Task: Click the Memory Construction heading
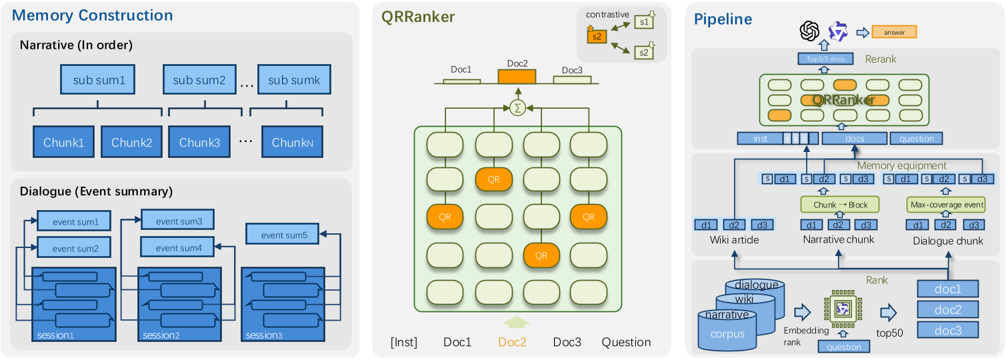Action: pyautogui.click(x=92, y=15)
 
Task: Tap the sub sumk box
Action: pyautogui.click(x=293, y=80)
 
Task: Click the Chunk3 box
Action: pyautogui.click(x=199, y=142)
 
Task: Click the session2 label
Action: pyautogui.click(x=161, y=335)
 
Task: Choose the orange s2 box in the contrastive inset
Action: pyautogui.click(x=597, y=37)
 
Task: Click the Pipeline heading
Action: pyautogui.click(x=723, y=19)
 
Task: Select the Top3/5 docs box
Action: pyautogui.click(x=827, y=59)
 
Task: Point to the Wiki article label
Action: pyautogui.click(x=733, y=240)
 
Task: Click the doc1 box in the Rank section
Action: pyautogui.click(x=947, y=289)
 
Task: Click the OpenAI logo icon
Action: pyautogui.click(x=809, y=31)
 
